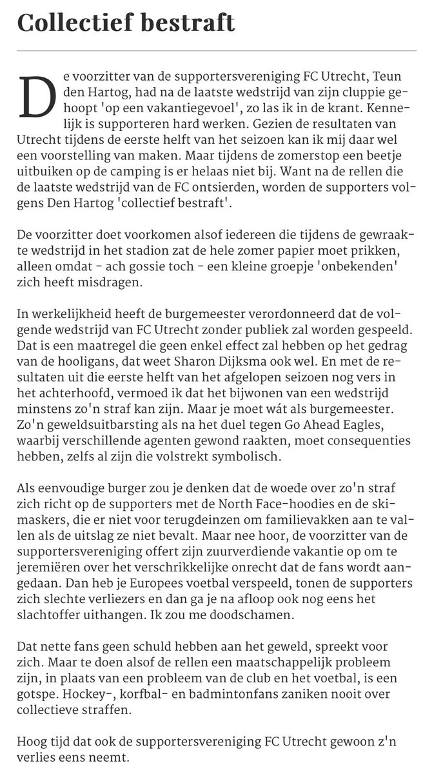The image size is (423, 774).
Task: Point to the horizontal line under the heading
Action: point(211,50)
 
